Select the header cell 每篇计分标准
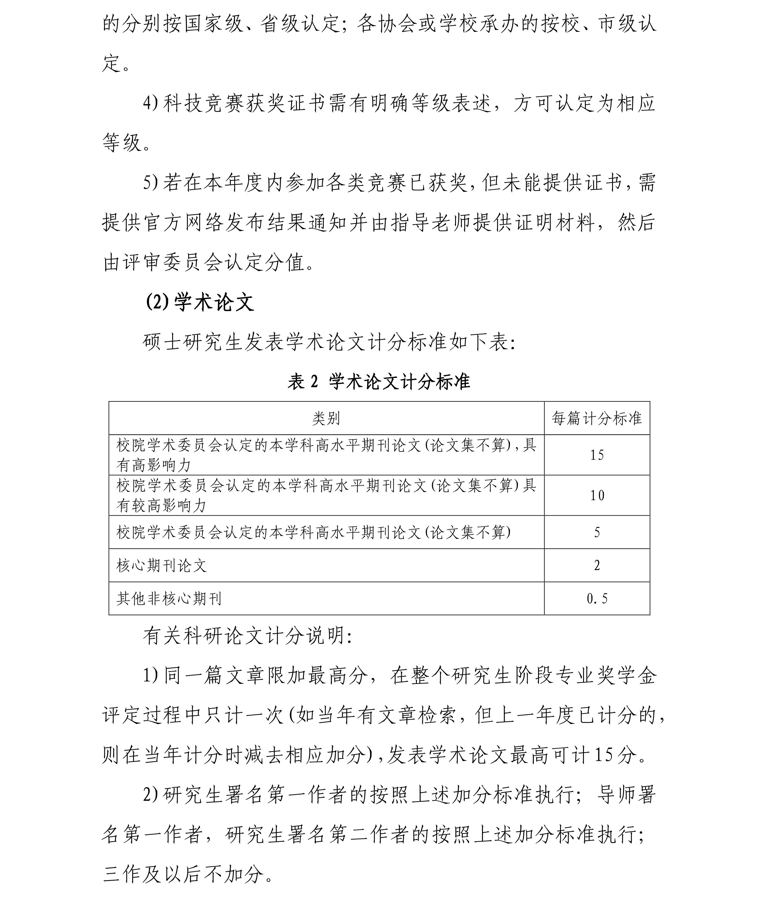click(597, 418)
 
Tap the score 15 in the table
click(597, 455)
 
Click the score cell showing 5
click(597, 532)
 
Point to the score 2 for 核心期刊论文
click(597, 565)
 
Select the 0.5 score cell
click(597, 599)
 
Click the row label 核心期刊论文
click(161, 565)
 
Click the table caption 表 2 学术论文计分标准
click(379, 382)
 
